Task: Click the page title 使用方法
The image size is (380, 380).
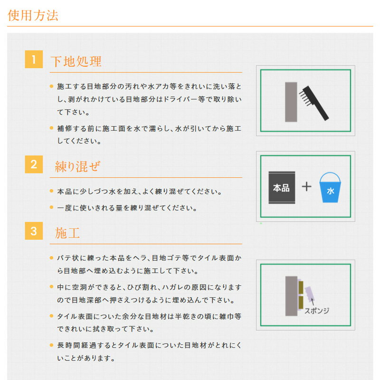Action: pyautogui.click(x=33, y=15)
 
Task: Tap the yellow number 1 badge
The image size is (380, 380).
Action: pyautogui.click(x=34, y=59)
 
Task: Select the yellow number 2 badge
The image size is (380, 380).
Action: pyautogui.click(x=34, y=164)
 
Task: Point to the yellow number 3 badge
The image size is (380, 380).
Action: pyautogui.click(x=34, y=231)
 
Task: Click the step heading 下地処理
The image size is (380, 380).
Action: pyautogui.click(x=76, y=61)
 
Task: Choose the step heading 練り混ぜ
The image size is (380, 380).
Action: pyautogui.click(x=77, y=167)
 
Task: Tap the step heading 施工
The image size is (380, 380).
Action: pyautogui.click(x=67, y=233)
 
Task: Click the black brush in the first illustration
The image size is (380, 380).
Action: pyautogui.click(x=314, y=103)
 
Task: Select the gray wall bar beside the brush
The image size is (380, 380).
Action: pyautogui.click(x=291, y=102)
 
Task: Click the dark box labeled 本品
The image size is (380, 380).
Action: pyautogui.click(x=282, y=188)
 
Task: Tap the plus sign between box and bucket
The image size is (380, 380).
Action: pyautogui.click(x=306, y=187)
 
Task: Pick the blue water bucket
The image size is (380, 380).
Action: pyautogui.click(x=330, y=187)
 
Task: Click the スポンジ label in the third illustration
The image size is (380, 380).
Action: pyautogui.click(x=317, y=311)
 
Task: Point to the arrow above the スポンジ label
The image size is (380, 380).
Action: pyautogui.click(x=313, y=302)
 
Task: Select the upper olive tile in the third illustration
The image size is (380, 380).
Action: pyautogui.click(x=301, y=287)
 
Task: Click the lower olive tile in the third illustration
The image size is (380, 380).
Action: pyautogui.click(x=301, y=303)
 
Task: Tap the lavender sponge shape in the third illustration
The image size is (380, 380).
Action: pyautogui.click(x=309, y=294)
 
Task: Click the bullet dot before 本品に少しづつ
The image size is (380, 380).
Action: pyautogui.click(x=51, y=191)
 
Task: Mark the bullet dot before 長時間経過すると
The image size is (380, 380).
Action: pyautogui.click(x=51, y=345)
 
